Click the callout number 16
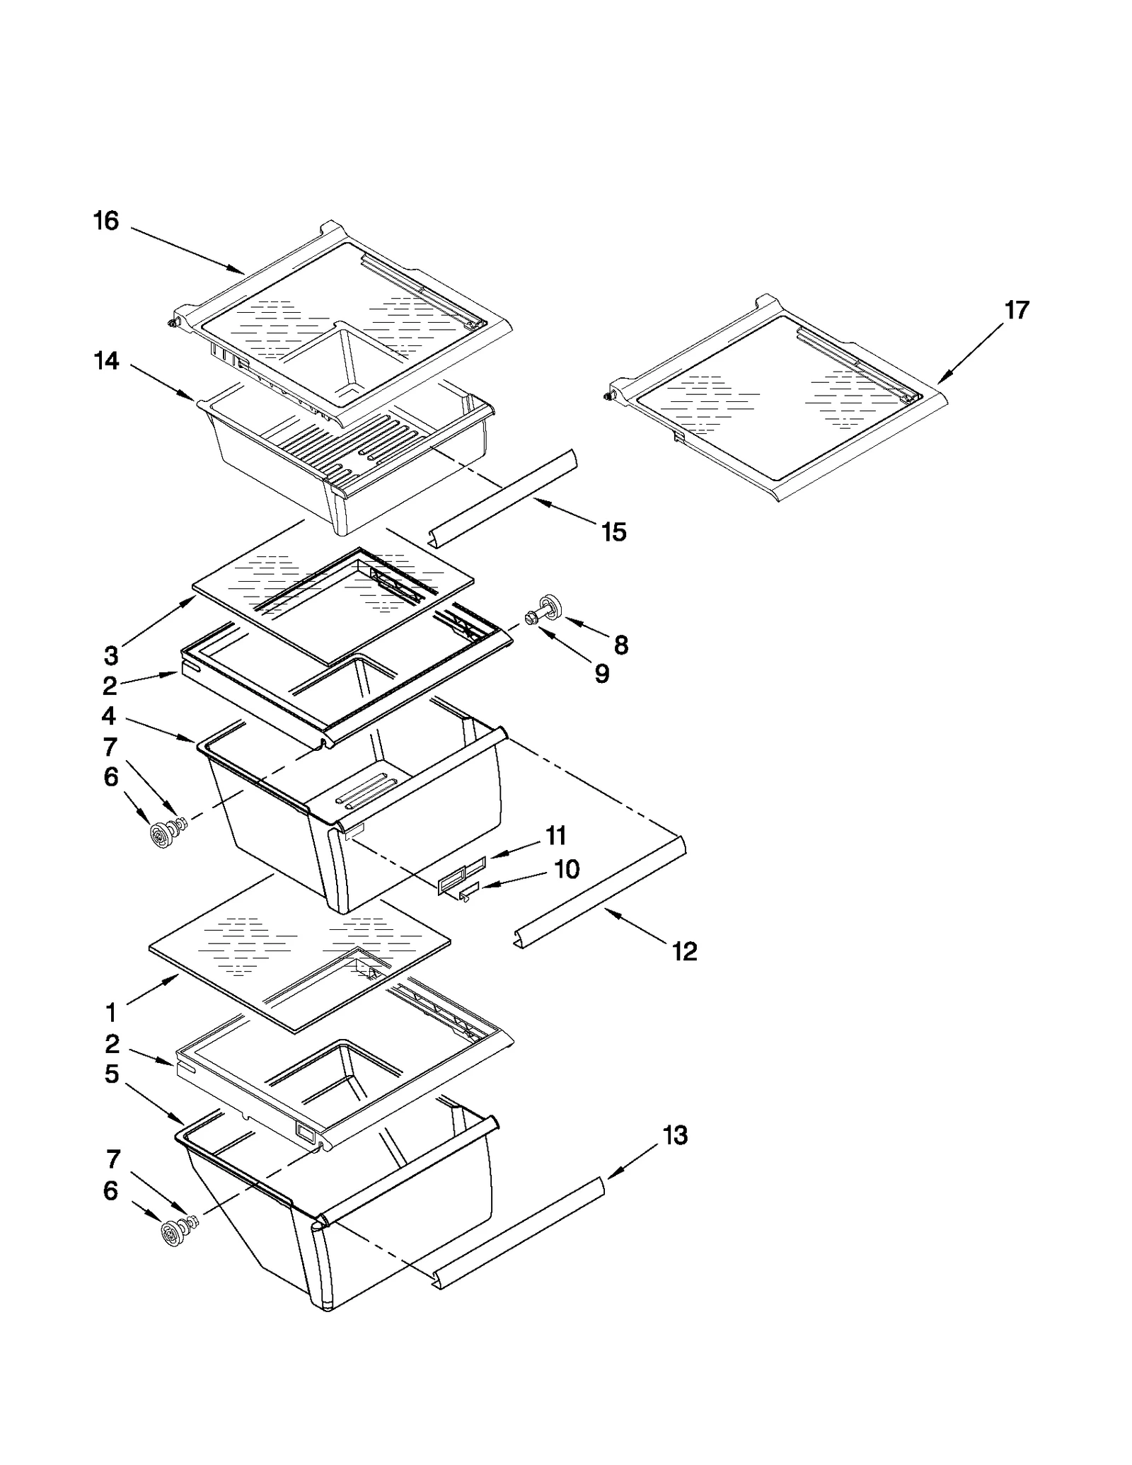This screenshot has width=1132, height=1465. pos(107,222)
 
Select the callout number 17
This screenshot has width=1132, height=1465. pos(1017,310)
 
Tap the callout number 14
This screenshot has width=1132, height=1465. pos(107,362)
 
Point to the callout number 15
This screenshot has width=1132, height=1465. pos(613,532)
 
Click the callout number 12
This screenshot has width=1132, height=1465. pos(684,952)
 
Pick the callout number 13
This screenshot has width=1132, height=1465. pos(675,1136)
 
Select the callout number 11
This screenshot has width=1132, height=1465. pos(556,836)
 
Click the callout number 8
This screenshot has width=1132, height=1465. pos(620,645)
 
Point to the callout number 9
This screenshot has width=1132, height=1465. pos(601,674)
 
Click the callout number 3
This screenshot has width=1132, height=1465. pos(111,656)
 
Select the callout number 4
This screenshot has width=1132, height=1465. pos(108,716)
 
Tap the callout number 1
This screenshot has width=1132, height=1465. pos(111,1013)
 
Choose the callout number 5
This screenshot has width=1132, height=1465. pos(111,1074)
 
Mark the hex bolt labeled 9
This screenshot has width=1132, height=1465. pos(532,619)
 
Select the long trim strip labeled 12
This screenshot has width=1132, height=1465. pos(601,892)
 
